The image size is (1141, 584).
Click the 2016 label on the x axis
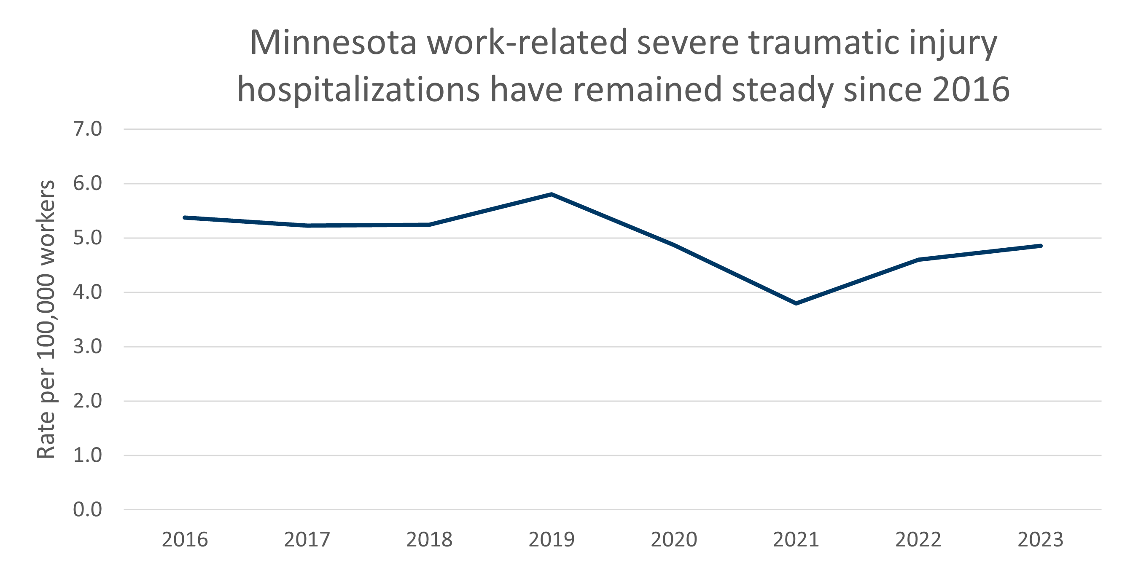[x=185, y=540]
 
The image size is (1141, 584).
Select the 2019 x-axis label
[x=552, y=540]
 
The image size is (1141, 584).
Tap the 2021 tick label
[x=796, y=540]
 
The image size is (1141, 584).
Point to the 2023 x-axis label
[x=1041, y=540]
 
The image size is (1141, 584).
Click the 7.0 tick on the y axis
[x=87, y=129]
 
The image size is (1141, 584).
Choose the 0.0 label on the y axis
[x=87, y=509]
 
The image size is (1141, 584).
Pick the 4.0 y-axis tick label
[x=87, y=292]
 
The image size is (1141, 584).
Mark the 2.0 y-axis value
[x=87, y=401]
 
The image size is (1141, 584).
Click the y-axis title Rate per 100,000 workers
[x=46, y=319]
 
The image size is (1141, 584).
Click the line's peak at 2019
[x=552, y=194]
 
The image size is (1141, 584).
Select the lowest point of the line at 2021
[x=796, y=303]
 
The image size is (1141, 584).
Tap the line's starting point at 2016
[x=185, y=217]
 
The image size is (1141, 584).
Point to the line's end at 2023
[x=1041, y=246]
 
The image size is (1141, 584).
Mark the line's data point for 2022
[x=918, y=260]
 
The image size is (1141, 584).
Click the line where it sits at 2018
[x=429, y=225]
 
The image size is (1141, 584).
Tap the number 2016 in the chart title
[x=971, y=90]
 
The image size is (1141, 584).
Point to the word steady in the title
[x=783, y=90]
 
